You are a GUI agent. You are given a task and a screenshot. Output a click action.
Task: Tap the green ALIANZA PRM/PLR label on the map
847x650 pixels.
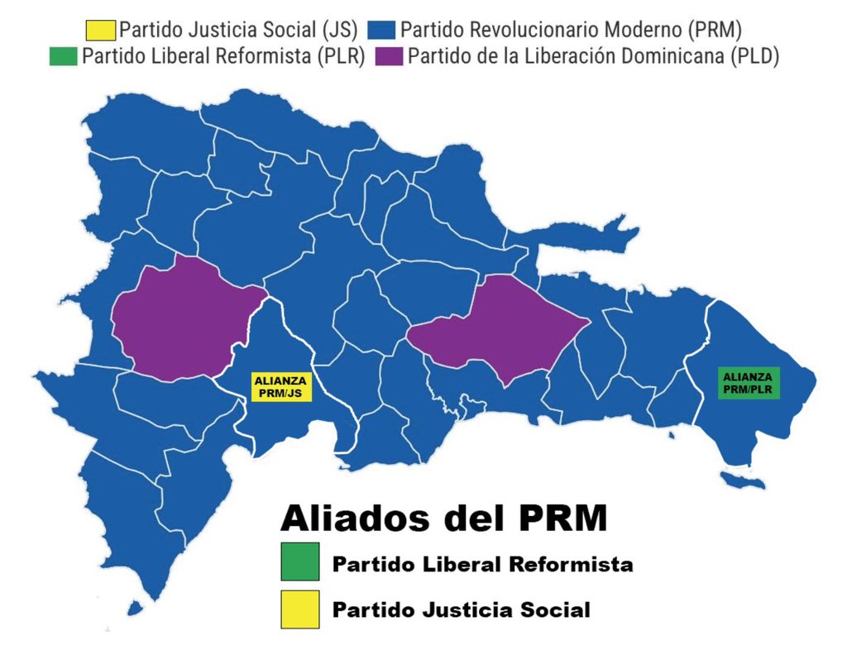(x=749, y=384)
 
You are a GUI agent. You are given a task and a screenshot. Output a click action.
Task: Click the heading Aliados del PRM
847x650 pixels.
(x=444, y=518)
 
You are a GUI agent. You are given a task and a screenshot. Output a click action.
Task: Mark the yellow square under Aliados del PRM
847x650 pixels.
(x=299, y=610)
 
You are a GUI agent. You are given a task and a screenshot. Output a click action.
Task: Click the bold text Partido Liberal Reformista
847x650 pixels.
(x=482, y=565)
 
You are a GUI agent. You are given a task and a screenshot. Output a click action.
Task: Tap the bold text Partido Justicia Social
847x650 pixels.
(x=461, y=611)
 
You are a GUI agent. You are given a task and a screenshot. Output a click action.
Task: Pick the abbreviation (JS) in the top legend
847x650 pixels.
(x=340, y=31)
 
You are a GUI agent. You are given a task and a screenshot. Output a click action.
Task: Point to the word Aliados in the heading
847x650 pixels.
(x=347, y=518)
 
